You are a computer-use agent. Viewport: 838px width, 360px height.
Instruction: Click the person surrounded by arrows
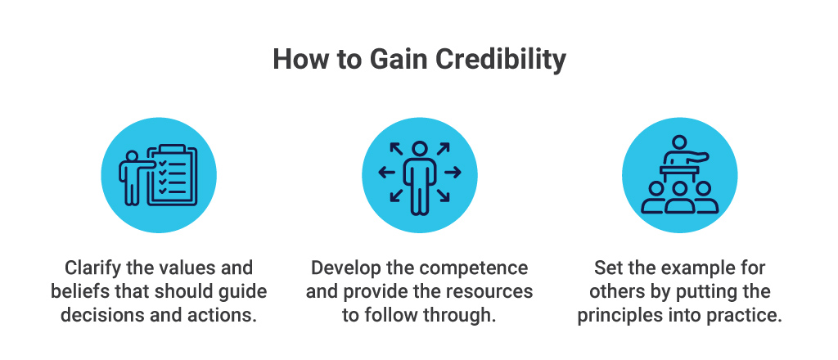[419, 175]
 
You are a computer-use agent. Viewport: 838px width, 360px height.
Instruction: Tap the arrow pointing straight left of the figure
[385, 172]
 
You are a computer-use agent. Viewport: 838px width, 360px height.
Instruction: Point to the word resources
[489, 292]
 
